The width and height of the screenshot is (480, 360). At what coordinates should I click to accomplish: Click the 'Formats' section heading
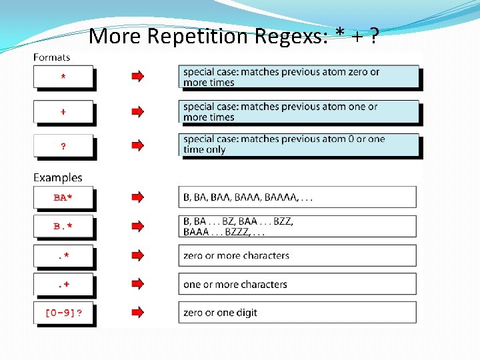click(x=51, y=57)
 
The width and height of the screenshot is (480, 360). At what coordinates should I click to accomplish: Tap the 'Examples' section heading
click(x=58, y=177)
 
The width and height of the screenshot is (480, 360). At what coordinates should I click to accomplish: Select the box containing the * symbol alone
click(x=63, y=77)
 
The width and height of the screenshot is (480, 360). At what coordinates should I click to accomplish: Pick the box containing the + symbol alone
click(x=63, y=112)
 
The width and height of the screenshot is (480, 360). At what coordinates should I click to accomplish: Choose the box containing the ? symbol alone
click(x=63, y=146)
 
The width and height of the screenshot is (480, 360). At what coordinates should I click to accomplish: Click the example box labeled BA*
click(x=63, y=197)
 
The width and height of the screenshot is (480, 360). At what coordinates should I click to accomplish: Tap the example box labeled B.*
click(x=63, y=227)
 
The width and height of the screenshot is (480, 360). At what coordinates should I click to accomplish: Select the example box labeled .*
click(x=63, y=256)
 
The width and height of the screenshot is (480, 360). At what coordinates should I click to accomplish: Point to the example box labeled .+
click(x=63, y=285)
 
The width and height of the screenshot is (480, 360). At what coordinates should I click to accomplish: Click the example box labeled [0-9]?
click(x=63, y=313)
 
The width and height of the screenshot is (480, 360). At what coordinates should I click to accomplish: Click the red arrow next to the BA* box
click(x=137, y=197)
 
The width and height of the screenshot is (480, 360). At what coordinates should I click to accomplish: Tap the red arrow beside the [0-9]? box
click(x=137, y=312)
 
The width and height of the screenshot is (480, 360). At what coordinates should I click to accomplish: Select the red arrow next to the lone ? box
click(x=137, y=145)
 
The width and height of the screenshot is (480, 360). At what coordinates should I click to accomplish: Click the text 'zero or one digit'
click(x=220, y=313)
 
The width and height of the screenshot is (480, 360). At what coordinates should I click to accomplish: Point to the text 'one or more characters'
click(x=235, y=285)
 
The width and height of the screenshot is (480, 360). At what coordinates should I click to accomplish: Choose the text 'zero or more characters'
click(x=236, y=255)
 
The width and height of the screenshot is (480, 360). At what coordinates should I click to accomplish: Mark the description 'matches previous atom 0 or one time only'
click(x=284, y=144)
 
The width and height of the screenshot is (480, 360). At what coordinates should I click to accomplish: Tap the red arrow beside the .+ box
click(x=137, y=284)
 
